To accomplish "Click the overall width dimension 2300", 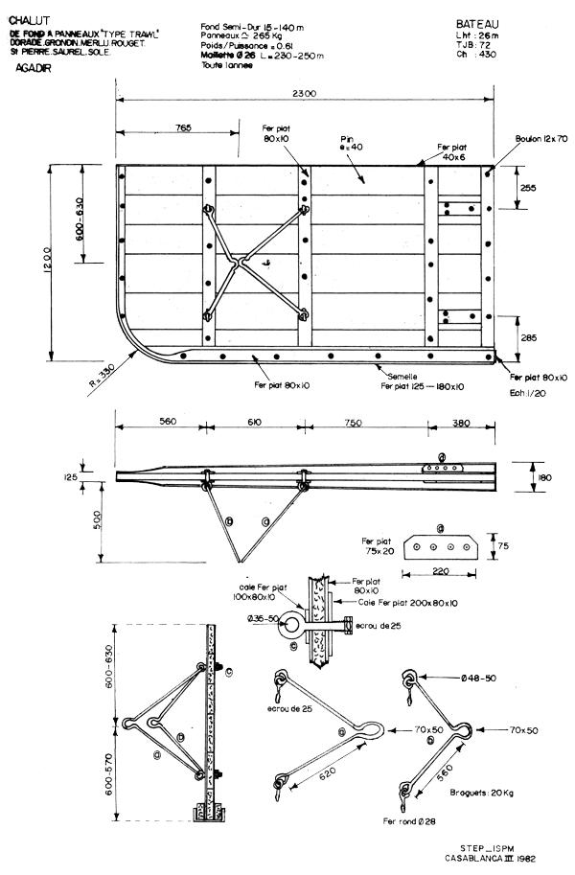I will click(x=306, y=92).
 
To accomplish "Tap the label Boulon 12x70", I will click(x=540, y=139).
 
